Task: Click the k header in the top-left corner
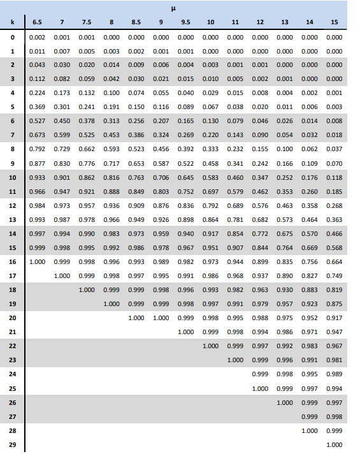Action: pos(12,22)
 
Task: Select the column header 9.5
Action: pos(186,22)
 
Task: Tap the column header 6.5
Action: pos(37,22)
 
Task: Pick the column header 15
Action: pos(334,22)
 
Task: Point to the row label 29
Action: pos(13,445)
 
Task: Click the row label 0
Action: pos(13,37)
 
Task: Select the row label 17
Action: pos(13,275)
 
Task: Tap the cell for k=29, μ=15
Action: pos(334,445)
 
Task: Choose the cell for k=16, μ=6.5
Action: pos(37,261)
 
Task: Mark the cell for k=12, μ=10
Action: pos(210,205)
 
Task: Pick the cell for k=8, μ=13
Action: pos(284,149)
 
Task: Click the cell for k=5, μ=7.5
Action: pos(87,107)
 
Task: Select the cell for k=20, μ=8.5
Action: pos(136,318)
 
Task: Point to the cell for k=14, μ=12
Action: pos(260,233)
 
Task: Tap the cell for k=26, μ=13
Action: pos(284,403)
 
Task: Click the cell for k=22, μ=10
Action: pos(210,346)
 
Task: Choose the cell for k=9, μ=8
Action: pos(112,163)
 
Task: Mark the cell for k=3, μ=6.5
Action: pos(37,79)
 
